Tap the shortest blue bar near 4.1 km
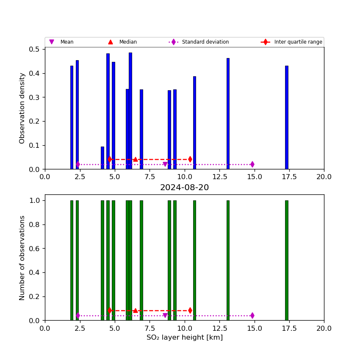tap(102, 158)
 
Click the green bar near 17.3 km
tap(287, 260)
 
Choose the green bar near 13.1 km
tap(228, 260)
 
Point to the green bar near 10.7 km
tap(194, 260)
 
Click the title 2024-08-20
tap(184, 188)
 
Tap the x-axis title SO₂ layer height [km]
tap(184, 338)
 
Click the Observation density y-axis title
tap(22, 108)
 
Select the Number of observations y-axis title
tap(22, 258)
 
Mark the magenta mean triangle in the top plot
tap(165, 164)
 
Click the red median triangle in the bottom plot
tap(136, 310)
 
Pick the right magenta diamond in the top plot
tap(252, 164)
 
